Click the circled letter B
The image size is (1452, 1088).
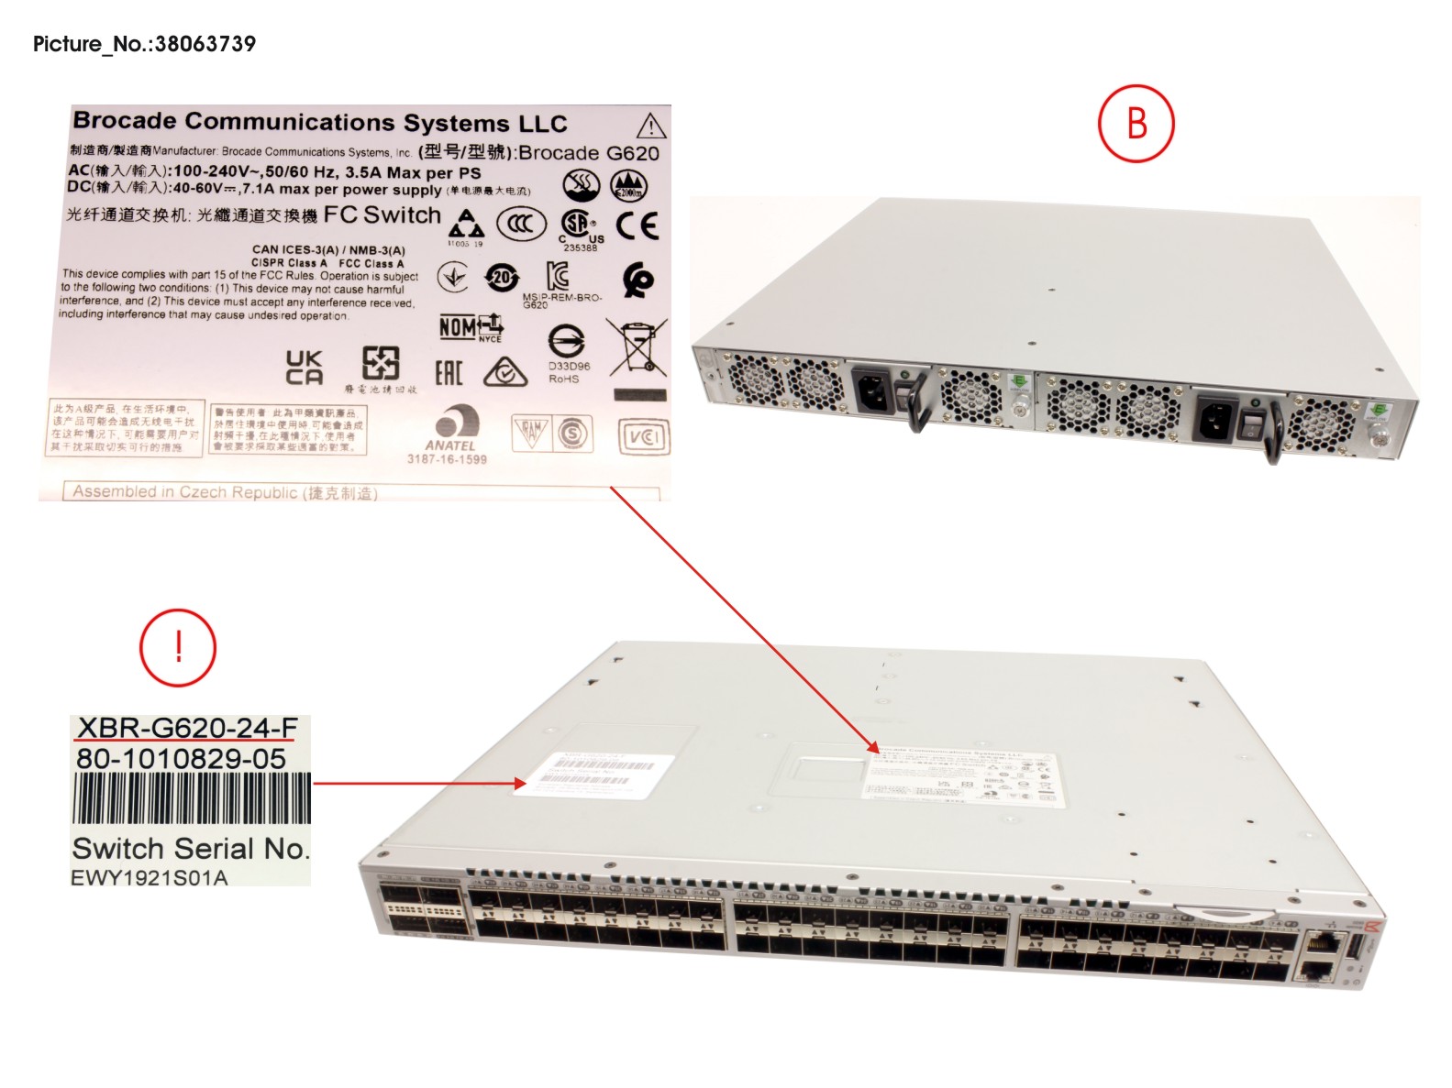pos(1136,124)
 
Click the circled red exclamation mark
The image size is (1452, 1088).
pos(178,647)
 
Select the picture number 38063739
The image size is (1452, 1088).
pos(205,44)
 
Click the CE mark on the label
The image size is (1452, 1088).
pos(637,225)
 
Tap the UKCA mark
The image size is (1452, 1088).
pos(304,367)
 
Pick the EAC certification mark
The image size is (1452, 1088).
pos(449,372)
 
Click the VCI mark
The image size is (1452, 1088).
pos(644,437)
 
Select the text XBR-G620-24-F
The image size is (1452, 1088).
pos(187,728)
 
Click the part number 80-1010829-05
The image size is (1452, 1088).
pos(181,759)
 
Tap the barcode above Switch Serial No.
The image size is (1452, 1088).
pos(192,798)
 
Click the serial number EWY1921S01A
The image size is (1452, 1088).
pos(150,877)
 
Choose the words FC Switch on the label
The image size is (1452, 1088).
pos(382,215)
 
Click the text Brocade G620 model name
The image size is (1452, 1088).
pos(588,153)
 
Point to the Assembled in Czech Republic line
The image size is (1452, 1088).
pos(225,492)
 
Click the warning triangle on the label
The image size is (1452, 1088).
pos(650,126)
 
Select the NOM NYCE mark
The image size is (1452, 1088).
pos(471,327)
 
